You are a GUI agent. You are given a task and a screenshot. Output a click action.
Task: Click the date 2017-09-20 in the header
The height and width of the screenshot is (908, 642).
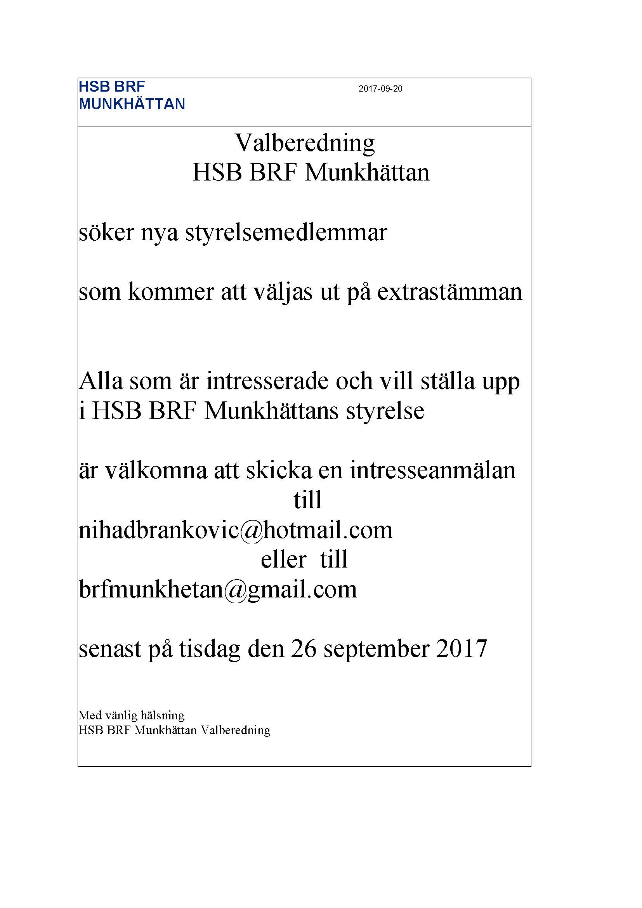tap(380, 89)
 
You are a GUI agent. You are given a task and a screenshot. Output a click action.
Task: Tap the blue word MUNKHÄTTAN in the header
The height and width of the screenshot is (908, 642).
tap(132, 104)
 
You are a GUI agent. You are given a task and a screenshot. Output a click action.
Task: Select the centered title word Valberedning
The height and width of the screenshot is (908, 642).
tap(305, 143)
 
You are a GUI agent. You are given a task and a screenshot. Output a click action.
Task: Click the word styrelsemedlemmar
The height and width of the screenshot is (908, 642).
tap(286, 233)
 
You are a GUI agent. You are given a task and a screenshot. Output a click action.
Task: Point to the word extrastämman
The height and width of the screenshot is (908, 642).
tap(449, 292)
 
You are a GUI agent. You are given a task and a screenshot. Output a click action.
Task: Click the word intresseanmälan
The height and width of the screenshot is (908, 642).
tap(432, 470)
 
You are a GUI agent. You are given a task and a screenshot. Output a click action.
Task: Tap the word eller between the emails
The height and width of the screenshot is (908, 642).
tap(283, 560)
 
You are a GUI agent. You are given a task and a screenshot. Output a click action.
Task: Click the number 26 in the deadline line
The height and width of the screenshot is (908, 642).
tap(304, 649)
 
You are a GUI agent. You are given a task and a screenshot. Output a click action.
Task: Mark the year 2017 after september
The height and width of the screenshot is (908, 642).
tap(462, 649)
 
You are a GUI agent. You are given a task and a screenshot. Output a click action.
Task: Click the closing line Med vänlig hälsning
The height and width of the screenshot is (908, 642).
tap(132, 715)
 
